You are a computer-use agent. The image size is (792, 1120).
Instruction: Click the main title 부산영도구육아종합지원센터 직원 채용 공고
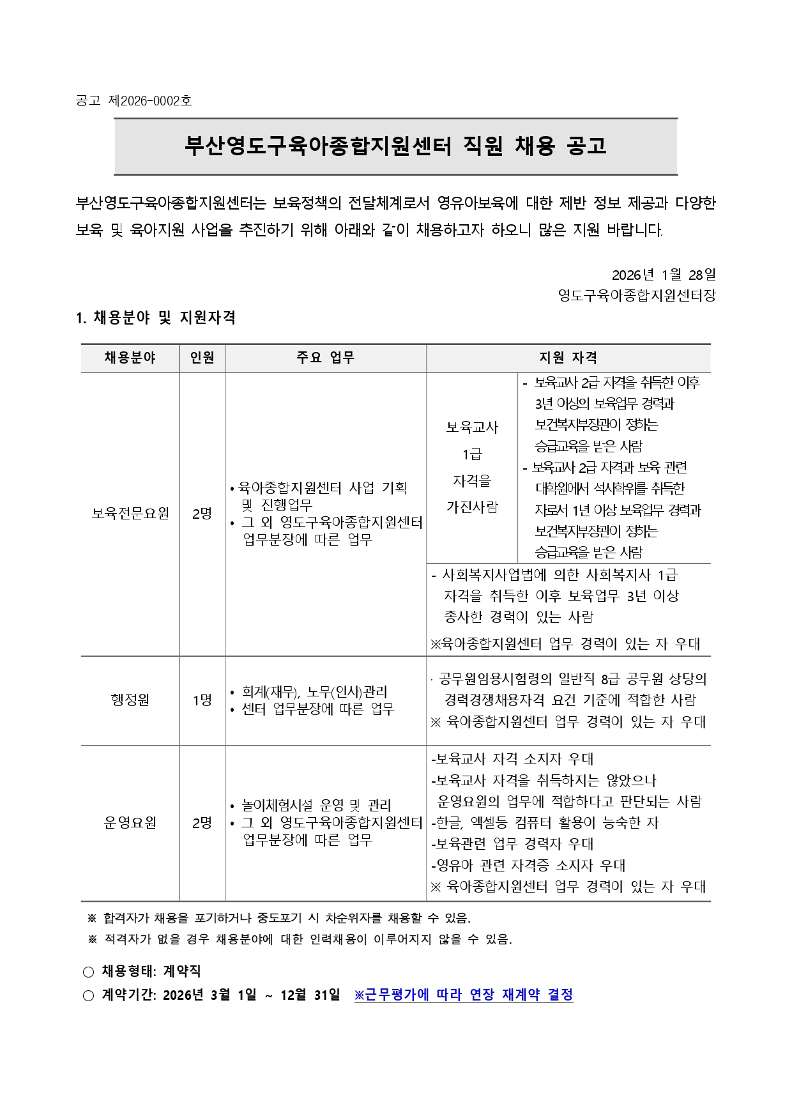click(x=395, y=146)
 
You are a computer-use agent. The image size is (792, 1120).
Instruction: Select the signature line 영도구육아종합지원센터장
click(x=637, y=296)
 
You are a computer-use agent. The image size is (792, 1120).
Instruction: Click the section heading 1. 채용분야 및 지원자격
click(x=156, y=318)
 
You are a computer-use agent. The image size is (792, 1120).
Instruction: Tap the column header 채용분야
click(x=130, y=358)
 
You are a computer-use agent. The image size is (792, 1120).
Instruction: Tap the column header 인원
click(x=202, y=358)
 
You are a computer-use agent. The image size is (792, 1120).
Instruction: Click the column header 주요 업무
click(x=325, y=358)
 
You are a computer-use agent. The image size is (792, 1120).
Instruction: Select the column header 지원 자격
click(x=568, y=358)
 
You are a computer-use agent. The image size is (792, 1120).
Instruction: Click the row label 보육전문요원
click(x=130, y=514)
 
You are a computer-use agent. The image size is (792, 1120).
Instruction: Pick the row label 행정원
click(x=130, y=700)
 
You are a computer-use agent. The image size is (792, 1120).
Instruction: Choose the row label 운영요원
click(x=130, y=823)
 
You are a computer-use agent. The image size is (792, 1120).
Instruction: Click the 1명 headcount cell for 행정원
click(x=202, y=700)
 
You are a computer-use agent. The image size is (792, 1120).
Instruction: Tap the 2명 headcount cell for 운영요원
click(x=202, y=823)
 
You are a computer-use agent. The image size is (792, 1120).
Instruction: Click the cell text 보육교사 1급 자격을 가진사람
click(x=472, y=467)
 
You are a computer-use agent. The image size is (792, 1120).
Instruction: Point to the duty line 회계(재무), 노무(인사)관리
click(x=314, y=691)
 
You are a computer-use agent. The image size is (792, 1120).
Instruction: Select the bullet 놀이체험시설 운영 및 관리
click(x=316, y=805)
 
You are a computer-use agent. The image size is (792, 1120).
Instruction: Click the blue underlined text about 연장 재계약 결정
click(x=464, y=995)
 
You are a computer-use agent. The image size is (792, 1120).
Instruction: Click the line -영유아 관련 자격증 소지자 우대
click(x=529, y=865)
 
